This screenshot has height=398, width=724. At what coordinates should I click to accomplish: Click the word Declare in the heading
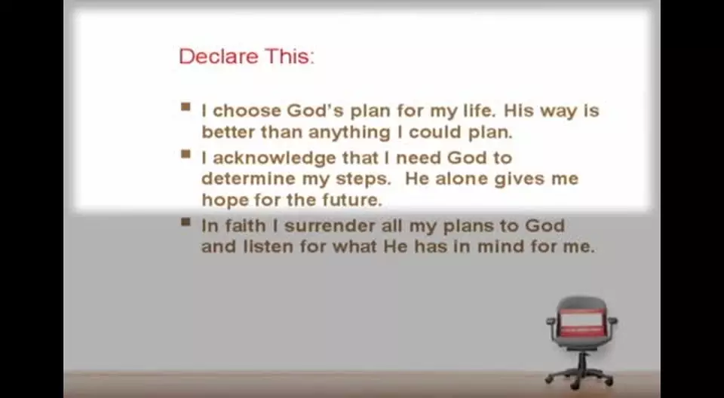click(219, 57)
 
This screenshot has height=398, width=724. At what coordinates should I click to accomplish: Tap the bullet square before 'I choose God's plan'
click(186, 107)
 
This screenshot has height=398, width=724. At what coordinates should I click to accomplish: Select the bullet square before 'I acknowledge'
click(186, 155)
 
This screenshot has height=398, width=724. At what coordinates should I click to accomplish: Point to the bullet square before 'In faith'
click(186, 222)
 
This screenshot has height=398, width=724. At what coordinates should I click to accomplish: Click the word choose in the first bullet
click(247, 111)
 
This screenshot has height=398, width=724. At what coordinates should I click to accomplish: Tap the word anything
click(349, 133)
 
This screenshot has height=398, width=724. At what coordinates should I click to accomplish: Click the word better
click(229, 133)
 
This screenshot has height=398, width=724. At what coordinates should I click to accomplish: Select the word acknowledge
click(275, 158)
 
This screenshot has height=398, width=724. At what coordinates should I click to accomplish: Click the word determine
click(248, 179)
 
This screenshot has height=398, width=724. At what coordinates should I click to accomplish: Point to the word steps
click(364, 179)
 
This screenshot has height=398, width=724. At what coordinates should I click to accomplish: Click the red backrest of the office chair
click(581, 320)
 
